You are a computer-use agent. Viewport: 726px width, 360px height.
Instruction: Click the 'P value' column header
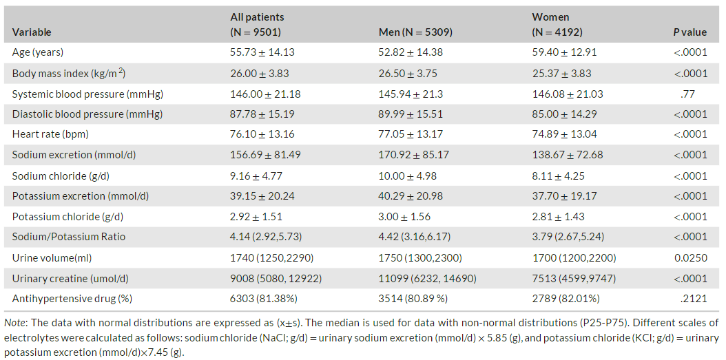(690, 32)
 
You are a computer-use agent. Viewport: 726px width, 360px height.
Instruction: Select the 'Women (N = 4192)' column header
(557, 25)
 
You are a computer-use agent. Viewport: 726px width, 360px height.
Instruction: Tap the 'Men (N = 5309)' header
(415, 32)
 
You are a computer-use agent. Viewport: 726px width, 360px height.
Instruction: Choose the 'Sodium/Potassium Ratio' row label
(62, 237)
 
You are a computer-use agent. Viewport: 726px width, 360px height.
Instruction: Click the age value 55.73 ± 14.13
(262, 52)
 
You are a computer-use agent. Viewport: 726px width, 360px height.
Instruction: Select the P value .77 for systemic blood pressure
(690, 94)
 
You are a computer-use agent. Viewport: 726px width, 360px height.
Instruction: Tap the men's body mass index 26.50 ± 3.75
(408, 73)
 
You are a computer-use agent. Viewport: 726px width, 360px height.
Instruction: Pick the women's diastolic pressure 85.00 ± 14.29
(564, 114)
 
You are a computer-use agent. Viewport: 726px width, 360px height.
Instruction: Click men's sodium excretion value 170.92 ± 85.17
(413, 155)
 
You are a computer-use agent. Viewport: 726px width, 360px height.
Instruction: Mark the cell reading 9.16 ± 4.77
(256, 176)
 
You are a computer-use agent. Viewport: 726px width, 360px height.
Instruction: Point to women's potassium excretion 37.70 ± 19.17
(564, 196)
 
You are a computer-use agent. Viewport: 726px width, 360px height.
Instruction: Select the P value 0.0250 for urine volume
(693, 257)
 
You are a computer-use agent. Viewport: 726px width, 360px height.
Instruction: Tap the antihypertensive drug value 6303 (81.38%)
(263, 299)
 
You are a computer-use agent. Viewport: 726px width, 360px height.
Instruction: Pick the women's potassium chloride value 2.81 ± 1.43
(559, 217)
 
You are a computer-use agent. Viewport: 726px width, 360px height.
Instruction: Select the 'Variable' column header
(32, 32)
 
